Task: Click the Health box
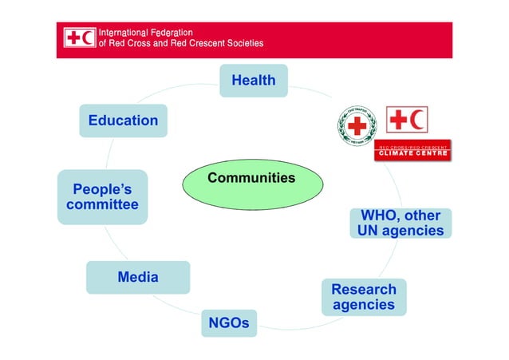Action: (x=253, y=81)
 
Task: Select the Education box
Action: (x=123, y=121)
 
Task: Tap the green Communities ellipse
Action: (x=253, y=183)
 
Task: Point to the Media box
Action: (x=138, y=278)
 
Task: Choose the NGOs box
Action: (x=229, y=323)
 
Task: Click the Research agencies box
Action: (x=363, y=297)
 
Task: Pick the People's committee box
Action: (x=102, y=197)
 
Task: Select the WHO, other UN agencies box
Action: (x=400, y=224)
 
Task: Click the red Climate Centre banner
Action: (x=412, y=151)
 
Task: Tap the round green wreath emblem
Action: (x=357, y=125)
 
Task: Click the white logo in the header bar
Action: (x=80, y=38)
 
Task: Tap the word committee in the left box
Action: (x=102, y=205)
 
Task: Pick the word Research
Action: (x=364, y=289)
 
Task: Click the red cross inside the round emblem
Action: (x=357, y=125)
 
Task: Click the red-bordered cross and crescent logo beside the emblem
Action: (x=407, y=120)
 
